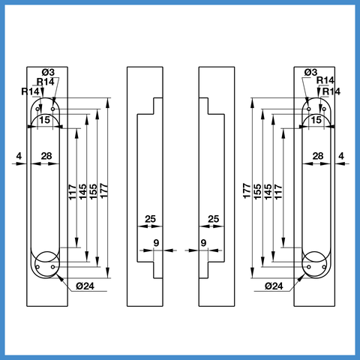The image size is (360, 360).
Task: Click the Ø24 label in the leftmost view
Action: [85, 286]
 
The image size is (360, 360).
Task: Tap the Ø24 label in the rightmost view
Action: [274, 286]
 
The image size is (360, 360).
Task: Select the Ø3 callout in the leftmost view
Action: [48, 73]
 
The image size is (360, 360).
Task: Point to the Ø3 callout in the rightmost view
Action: [310, 73]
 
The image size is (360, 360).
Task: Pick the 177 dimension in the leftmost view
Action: [103, 191]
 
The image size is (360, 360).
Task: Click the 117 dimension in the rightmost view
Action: [278, 191]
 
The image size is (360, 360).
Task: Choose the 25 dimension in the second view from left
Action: [151, 219]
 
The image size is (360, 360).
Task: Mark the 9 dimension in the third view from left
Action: [203, 243]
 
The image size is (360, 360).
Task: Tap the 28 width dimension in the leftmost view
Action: [46, 156]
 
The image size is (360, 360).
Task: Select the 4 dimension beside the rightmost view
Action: [341, 156]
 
